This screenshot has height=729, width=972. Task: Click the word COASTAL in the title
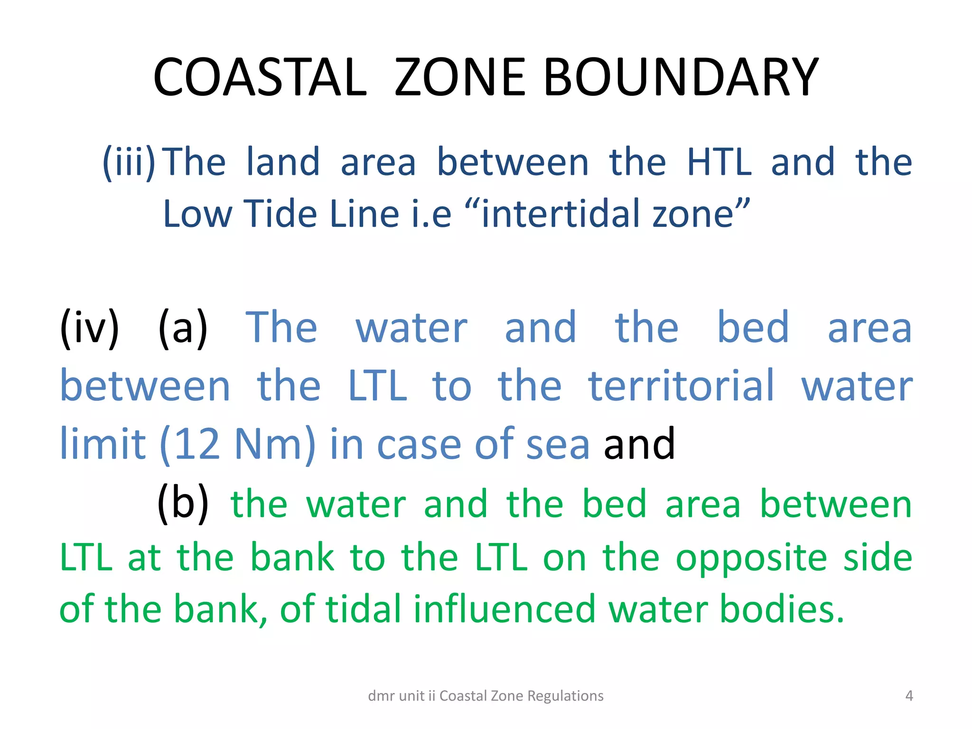coord(260,77)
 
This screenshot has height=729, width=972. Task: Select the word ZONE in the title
coord(459,77)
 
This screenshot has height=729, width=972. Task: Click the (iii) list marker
coord(129,162)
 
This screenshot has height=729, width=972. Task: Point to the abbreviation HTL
coord(719,162)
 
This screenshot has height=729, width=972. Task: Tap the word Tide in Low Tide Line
coord(280,214)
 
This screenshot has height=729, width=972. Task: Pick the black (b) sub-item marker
coord(183,504)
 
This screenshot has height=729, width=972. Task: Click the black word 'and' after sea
coord(639,444)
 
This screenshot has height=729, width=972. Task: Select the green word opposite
coord(751,558)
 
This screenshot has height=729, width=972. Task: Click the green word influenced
coord(505,609)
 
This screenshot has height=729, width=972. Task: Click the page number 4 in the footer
coord(909,696)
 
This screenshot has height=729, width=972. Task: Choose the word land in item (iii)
coord(283,162)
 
